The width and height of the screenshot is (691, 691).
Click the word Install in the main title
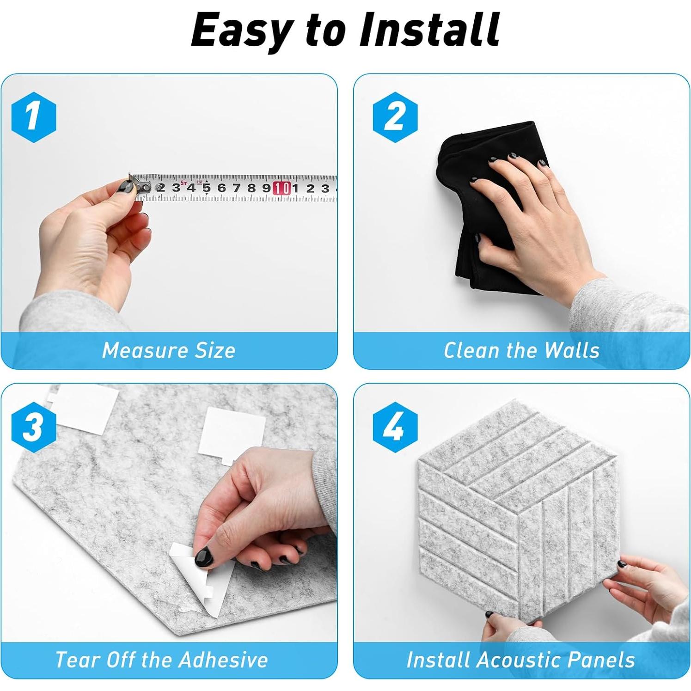coord(429,30)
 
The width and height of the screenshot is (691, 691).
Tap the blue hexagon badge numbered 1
coord(34,117)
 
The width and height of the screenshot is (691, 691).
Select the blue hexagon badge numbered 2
coord(395,117)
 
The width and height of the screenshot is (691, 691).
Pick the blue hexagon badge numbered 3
coord(34,427)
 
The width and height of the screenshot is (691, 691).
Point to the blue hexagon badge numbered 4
coord(395,427)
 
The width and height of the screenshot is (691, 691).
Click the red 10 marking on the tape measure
coord(281,188)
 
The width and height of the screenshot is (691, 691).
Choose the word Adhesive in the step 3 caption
coord(223,660)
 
